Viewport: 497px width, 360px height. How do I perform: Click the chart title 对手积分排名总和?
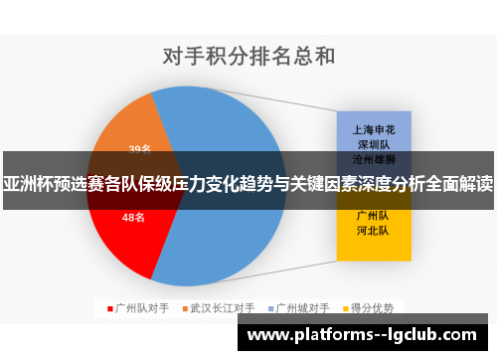[248, 55]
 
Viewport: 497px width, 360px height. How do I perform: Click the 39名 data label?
[139, 149]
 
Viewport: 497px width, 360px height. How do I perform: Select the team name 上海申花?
[372, 129]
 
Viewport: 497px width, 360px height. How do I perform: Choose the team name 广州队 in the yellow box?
[372, 216]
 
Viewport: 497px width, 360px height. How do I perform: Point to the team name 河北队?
[372, 231]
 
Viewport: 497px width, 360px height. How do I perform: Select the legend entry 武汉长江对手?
[223, 308]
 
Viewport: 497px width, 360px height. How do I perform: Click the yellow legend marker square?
[347, 308]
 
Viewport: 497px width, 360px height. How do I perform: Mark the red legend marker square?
[109, 308]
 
